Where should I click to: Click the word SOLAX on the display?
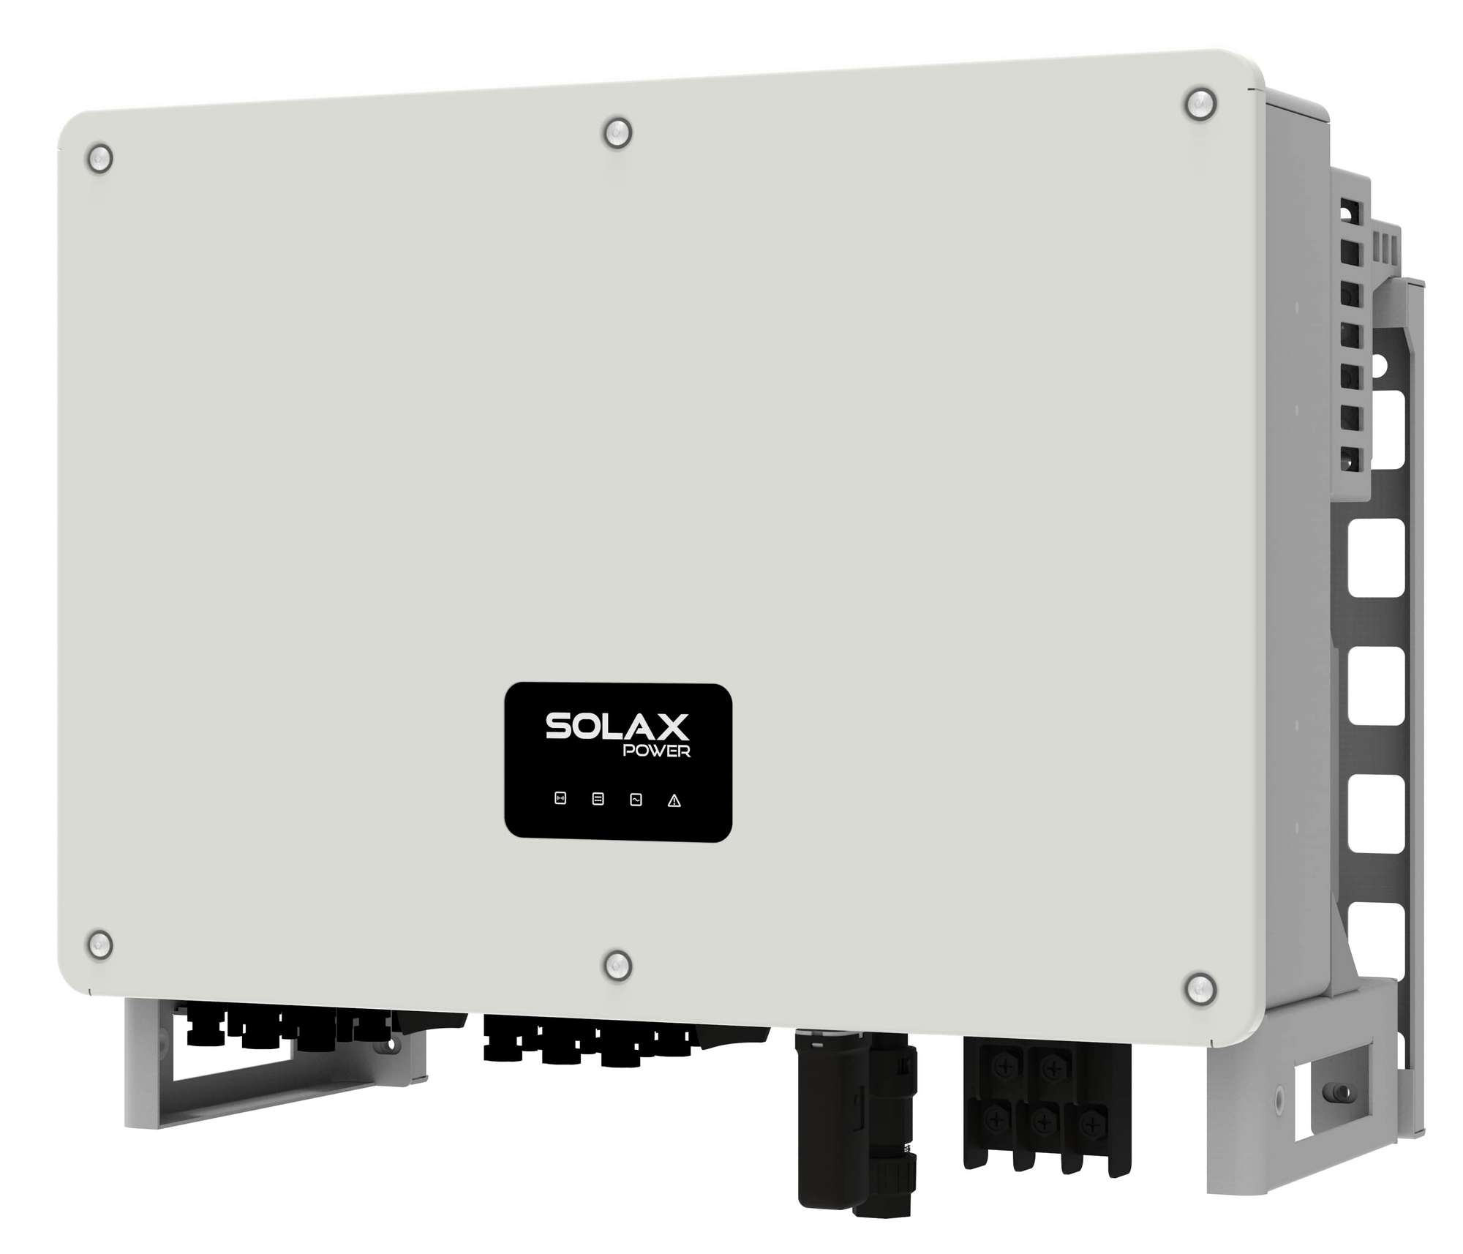(617, 727)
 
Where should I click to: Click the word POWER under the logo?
(655, 751)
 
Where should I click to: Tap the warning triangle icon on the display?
(674, 800)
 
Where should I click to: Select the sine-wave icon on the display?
(636, 800)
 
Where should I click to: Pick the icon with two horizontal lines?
(598, 799)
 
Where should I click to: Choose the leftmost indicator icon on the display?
(560, 798)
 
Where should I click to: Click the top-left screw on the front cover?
(99, 158)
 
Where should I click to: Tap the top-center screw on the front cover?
(617, 134)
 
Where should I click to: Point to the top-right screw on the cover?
(1200, 105)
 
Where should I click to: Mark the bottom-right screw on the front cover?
(1200, 988)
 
